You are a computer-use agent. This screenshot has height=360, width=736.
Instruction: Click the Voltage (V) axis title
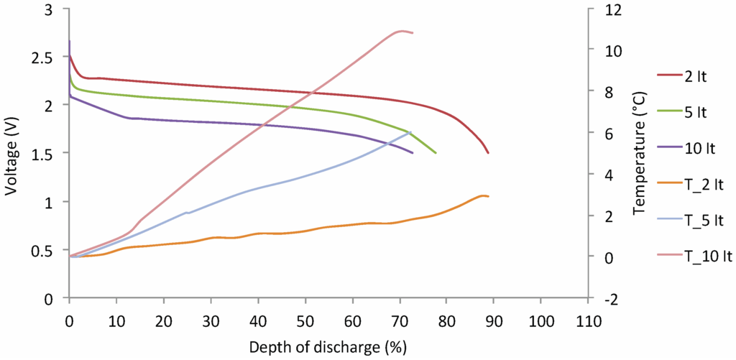click(x=12, y=154)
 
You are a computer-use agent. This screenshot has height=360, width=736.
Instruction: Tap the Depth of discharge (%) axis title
click(x=328, y=347)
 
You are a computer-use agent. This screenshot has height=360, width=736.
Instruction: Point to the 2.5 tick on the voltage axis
click(x=42, y=57)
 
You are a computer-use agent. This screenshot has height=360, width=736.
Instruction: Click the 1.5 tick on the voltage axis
click(x=42, y=154)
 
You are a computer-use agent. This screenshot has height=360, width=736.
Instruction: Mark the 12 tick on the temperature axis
click(x=601, y=9)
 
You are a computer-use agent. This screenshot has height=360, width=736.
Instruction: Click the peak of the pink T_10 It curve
click(x=400, y=31)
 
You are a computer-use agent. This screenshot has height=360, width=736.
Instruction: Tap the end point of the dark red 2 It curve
click(x=488, y=153)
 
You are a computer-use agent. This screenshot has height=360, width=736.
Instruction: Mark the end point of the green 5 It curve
click(x=436, y=153)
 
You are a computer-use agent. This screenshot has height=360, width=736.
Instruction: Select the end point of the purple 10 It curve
click(x=413, y=153)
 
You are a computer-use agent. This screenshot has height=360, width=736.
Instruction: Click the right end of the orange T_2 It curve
click(x=488, y=196)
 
